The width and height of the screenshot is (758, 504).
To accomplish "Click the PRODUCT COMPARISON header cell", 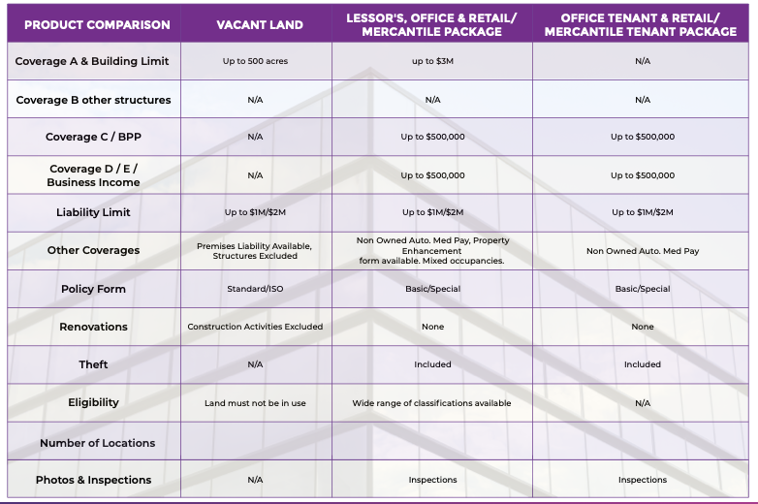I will [93, 24].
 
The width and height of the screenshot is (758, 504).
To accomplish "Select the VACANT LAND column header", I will [255, 24].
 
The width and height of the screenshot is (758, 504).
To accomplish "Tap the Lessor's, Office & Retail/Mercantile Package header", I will [432, 24].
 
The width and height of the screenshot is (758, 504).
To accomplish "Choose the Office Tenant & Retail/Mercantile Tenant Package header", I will [641, 24].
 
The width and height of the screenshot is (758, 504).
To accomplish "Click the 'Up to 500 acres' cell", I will [255, 61].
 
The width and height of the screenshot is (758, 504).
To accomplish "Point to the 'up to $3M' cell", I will [432, 61].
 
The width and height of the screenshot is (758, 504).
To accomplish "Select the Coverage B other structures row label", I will [93, 100].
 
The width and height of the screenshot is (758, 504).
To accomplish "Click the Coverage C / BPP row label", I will [93, 138].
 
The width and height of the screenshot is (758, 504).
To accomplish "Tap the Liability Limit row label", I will [93, 212].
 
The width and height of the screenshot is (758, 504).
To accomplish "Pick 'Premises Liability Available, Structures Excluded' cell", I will [255, 251].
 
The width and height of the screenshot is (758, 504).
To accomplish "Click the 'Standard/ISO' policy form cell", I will [255, 289].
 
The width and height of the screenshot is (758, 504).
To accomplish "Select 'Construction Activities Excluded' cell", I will [255, 327].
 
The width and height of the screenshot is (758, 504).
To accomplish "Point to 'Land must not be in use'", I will [255, 403].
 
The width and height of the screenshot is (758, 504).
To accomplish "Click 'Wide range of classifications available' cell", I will [431, 403].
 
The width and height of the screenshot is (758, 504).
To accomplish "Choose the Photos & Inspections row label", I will [93, 480].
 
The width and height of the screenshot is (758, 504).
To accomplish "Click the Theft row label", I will [93, 364].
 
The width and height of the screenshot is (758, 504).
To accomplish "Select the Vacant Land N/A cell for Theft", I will [255, 364].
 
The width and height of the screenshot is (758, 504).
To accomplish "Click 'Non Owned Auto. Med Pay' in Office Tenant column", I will [643, 251].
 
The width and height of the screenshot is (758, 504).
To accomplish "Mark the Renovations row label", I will [93, 327].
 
